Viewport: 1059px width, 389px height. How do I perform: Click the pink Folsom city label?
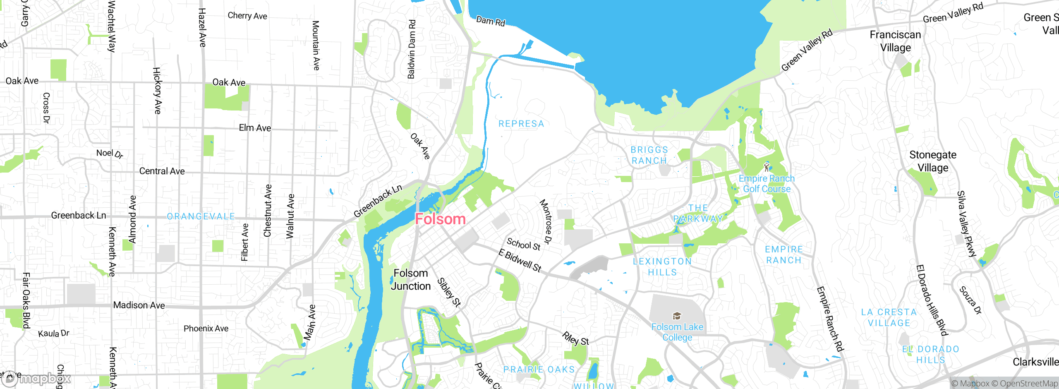440,219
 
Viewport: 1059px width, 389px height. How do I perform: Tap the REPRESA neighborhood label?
521,124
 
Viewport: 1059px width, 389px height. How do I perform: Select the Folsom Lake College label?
677,332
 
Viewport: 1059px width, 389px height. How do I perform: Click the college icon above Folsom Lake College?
677,317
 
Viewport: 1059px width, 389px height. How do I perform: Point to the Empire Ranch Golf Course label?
767,184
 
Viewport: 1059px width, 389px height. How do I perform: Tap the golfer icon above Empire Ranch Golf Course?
767,167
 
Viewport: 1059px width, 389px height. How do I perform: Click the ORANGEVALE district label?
201,216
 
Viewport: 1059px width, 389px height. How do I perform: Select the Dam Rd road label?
491,21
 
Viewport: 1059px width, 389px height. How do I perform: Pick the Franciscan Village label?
895,41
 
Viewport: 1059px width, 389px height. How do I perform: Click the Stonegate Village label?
933,161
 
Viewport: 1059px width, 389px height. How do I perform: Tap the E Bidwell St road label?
520,260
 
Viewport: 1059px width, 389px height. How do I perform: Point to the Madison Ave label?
139,305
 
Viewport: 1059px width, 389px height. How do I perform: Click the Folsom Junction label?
411,280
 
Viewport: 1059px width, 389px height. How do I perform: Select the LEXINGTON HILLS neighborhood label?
662,267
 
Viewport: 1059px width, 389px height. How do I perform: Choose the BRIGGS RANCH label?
649,155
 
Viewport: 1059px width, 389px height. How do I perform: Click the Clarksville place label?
1035,362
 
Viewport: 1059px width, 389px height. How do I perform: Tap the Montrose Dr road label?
546,221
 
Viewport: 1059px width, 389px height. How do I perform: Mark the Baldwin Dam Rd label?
411,49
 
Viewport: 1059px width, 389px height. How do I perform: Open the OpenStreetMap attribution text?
1028,384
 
